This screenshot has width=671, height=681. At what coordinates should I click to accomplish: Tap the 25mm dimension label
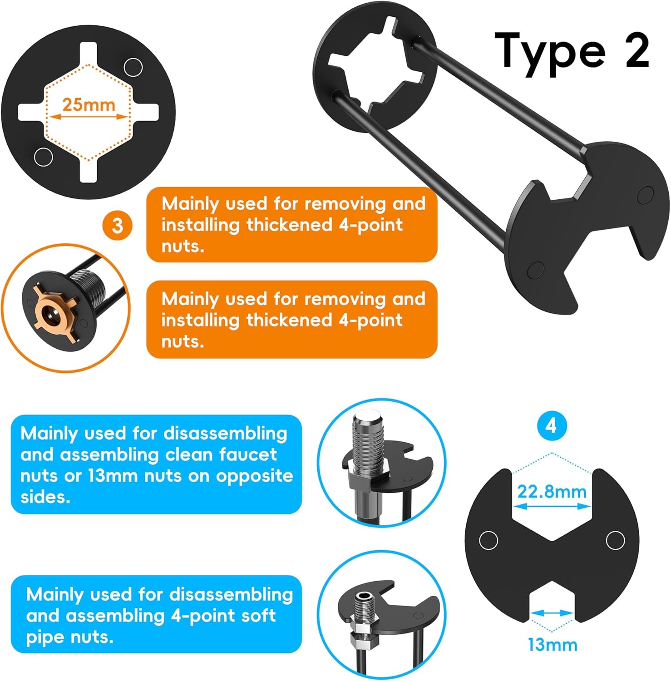(x=89, y=104)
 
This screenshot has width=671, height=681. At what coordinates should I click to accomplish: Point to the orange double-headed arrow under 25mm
(x=89, y=117)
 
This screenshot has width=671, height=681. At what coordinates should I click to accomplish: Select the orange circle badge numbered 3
(x=117, y=225)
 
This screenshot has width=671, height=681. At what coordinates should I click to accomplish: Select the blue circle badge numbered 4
(x=551, y=426)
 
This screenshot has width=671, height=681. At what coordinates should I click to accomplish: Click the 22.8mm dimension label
(x=552, y=491)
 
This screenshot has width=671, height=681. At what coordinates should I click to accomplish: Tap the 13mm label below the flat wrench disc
(x=553, y=645)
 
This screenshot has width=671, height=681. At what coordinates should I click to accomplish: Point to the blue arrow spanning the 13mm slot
(x=553, y=613)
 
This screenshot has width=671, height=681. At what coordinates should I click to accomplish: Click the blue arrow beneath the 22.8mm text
(x=552, y=505)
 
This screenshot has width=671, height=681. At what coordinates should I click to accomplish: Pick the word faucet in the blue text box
(x=248, y=454)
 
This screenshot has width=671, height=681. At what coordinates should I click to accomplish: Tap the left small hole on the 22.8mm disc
(x=488, y=540)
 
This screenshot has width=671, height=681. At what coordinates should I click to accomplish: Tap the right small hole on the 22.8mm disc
(x=615, y=540)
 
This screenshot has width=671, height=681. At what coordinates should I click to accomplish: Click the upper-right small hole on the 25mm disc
(x=133, y=67)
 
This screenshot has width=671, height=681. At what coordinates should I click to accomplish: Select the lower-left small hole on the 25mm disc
(x=44, y=157)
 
